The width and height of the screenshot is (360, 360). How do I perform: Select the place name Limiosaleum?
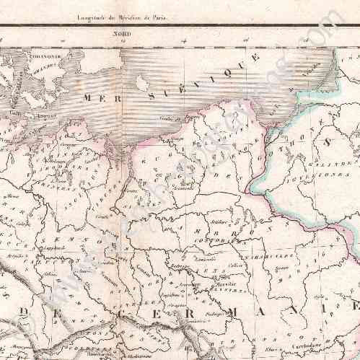tap(206, 258)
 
